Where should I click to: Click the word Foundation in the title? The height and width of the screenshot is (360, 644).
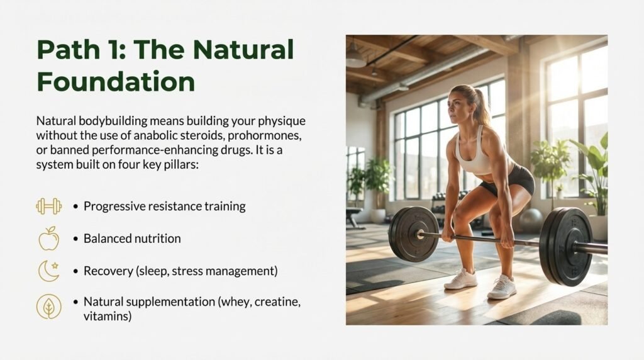[x=115, y=82]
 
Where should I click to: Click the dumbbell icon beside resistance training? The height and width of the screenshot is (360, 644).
[x=49, y=206]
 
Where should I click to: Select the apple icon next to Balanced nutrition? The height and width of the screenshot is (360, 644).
[x=49, y=239]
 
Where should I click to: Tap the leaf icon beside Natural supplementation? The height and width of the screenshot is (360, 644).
[x=49, y=307]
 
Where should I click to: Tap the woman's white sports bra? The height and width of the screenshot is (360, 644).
[x=474, y=155]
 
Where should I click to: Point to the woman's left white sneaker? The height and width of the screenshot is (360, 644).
[x=461, y=279]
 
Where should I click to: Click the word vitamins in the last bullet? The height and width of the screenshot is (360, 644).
[x=108, y=317]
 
